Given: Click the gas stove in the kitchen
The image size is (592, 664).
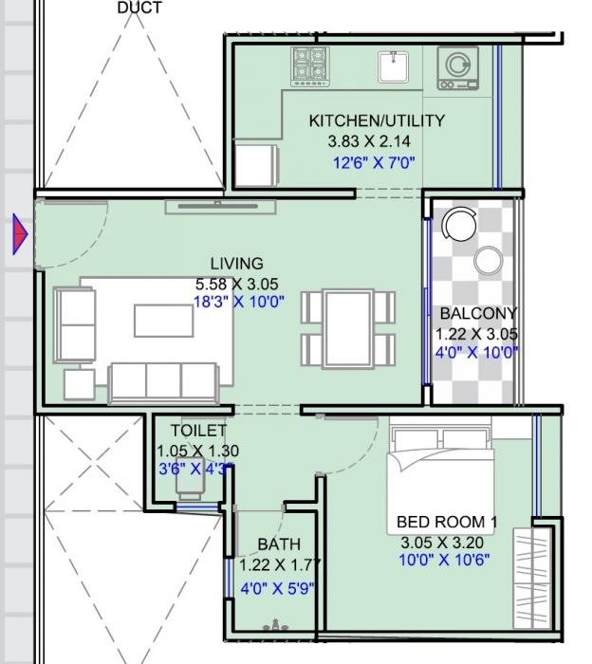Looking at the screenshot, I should coord(309,67).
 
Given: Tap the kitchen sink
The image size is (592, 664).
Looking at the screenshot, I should coord(393,67).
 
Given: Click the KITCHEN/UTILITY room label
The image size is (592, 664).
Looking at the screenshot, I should coord(377,121).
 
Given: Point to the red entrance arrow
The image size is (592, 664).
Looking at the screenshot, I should coord(20,234).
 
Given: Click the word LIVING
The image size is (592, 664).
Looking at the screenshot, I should coord(236,264).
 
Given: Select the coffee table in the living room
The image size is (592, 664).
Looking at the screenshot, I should coord(163,321).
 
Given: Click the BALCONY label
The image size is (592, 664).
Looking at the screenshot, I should coord(478,313).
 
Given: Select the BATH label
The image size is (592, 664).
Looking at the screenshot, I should coord(279,544).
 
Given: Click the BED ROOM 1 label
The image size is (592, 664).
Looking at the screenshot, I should coord(447,523).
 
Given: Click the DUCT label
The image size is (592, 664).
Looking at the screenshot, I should coord(139,8).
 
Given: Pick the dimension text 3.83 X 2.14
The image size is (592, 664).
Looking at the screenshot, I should coord(369,141).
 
